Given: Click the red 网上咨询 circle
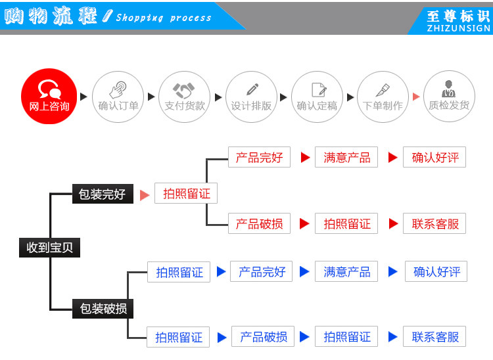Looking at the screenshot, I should pyautogui.click(x=49, y=97).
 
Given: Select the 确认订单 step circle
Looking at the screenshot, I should pyautogui.click(x=118, y=97).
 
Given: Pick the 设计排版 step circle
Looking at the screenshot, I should pyautogui.click(x=251, y=97).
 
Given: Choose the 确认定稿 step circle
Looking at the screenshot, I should pyautogui.click(x=317, y=97).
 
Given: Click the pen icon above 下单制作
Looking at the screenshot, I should pyautogui.click(x=383, y=89).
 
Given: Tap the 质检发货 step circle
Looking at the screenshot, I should pyautogui.click(x=449, y=97).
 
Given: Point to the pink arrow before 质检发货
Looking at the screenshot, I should pyautogui.click(x=415, y=97).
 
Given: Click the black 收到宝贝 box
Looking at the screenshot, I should pyautogui.click(x=49, y=248).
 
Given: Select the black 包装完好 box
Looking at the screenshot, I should pyautogui.click(x=102, y=194).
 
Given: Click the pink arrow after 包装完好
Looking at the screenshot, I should pyautogui.click(x=145, y=195).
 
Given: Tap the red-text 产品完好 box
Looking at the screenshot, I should pyautogui.click(x=259, y=158).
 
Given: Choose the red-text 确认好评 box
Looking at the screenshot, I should pyautogui.click(x=434, y=158).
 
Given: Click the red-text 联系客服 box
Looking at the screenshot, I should pyautogui.click(x=434, y=223).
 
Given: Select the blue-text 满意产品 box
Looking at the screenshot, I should pyautogui.click(x=347, y=271).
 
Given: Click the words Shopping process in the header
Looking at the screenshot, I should pyautogui.click(x=164, y=18).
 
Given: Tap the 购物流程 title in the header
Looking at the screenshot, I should pyautogui.click(x=51, y=16).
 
